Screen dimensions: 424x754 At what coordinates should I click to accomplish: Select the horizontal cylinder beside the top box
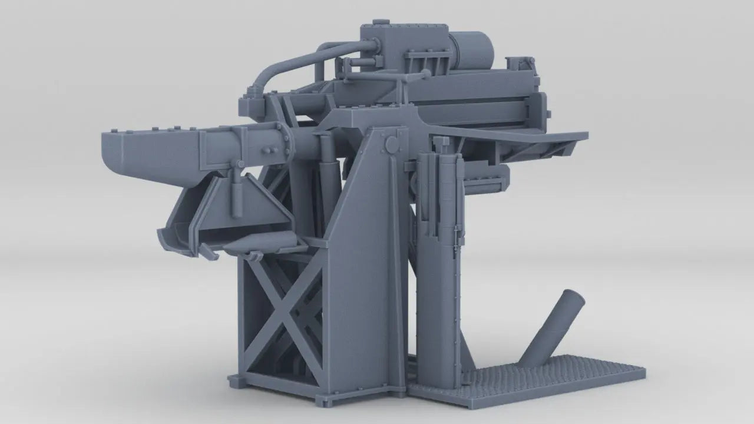[471, 50]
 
